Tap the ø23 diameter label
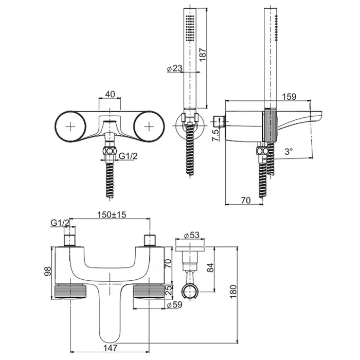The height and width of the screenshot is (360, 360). pos(175,67)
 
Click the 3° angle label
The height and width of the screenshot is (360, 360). pos(289,151)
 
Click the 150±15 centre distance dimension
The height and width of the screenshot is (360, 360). pos(112,215)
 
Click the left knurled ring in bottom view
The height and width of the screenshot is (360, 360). pos(68,291)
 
